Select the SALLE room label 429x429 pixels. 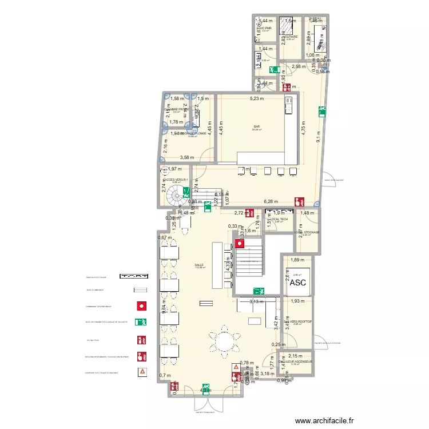(x=199, y=265)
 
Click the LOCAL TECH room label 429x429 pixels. (x=280, y=219)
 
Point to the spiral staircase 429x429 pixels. (x=174, y=198)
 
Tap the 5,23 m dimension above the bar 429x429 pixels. (x=257, y=99)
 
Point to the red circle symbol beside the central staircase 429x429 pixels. (x=240, y=244)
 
